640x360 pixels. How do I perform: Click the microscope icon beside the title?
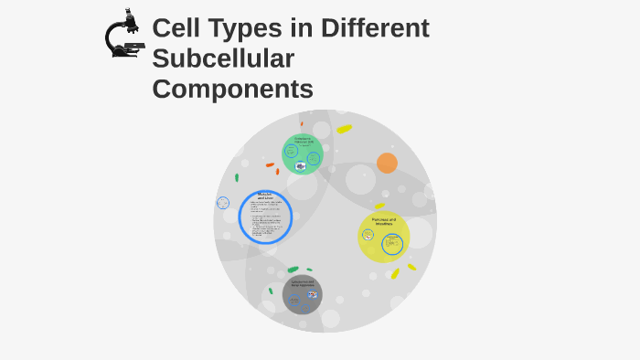pos(124,35)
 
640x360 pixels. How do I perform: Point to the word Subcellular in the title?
pos(223,59)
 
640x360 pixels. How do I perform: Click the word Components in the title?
pos(232,90)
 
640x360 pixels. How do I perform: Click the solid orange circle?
pos(387,163)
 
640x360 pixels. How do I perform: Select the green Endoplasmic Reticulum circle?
pos(303,154)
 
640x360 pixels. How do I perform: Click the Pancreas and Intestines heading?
pos(383,221)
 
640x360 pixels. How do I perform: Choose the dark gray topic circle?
pos(303,294)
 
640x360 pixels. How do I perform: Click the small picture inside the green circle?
pos(300,166)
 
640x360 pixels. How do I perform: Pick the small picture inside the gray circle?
pos(313,294)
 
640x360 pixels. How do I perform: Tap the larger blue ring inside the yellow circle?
pos(392,244)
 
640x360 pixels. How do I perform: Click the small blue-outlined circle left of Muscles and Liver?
pos(223,203)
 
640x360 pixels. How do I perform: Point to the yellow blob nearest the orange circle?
pos(344,129)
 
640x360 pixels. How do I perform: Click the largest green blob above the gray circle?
pos(293,270)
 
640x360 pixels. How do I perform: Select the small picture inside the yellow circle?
pos(368,235)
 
